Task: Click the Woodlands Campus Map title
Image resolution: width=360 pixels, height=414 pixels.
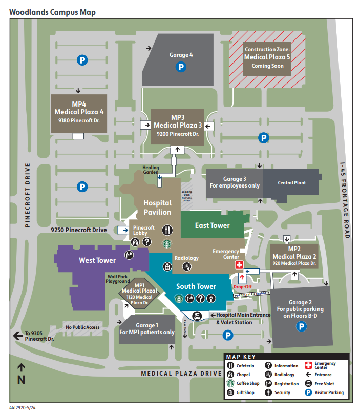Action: point(52,11)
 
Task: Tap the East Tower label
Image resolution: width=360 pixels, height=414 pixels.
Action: point(213,225)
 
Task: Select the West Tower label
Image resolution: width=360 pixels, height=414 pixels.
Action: point(97,260)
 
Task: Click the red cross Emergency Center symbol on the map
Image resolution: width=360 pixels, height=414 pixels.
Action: point(238,265)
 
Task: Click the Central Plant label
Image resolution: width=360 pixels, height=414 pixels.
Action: point(292,183)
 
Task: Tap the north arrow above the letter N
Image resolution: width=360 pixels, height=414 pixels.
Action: point(21,367)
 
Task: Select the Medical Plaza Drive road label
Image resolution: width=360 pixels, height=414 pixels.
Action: point(181,374)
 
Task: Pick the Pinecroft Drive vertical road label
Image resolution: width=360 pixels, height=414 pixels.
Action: point(29,195)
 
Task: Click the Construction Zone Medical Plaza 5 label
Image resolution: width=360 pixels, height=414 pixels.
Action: point(267,57)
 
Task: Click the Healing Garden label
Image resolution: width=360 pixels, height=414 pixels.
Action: point(151,170)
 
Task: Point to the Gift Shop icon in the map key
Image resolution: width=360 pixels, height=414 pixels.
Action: point(231,392)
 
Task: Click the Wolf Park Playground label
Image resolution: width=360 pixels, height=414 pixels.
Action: point(118,279)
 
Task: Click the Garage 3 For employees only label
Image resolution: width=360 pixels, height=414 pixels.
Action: point(235,182)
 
